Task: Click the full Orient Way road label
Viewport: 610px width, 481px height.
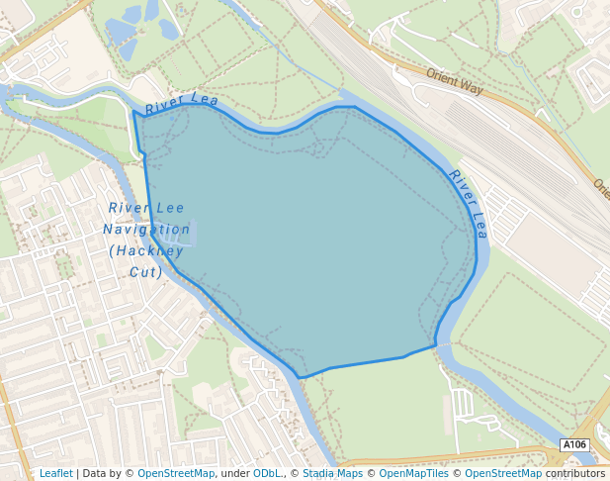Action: click(455, 81)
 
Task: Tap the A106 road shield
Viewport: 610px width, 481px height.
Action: click(574, 445)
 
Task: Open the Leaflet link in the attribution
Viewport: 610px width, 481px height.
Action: click(55, 473)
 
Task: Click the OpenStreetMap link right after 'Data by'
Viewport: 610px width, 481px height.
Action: click(176, 473)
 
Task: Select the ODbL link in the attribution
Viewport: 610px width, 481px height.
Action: click(267, 473)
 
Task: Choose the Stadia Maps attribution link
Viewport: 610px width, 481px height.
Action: click(332, 473)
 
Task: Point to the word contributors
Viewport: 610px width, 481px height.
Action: click(575, 473)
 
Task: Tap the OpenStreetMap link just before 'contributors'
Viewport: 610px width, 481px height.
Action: click(503, 473)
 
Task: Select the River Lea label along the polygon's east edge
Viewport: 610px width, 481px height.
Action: click(468, 204)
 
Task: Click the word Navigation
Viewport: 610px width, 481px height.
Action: click(146, 229)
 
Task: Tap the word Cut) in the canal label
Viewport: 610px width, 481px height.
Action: click(146, 271)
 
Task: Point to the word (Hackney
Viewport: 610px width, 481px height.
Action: click(146, 250)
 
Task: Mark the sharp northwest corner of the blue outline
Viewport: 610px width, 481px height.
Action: click(133, 111)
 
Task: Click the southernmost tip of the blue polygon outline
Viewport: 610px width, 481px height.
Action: click(300, 377)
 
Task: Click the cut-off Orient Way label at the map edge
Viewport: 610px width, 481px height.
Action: click(601, 186)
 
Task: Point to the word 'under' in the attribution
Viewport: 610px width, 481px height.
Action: click(234, 473)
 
